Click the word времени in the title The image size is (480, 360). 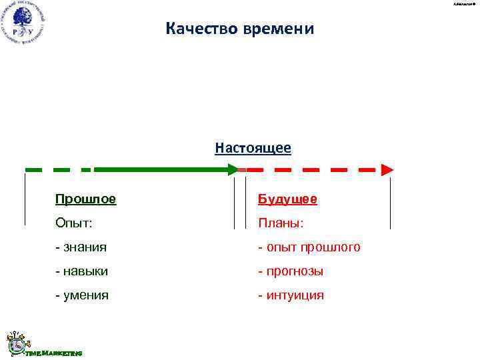click(x=281, y=29)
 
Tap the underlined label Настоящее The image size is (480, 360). click(x=253, y=147)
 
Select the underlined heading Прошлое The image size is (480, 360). click(x=85, y=199)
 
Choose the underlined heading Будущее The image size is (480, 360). click(x=288, y=199)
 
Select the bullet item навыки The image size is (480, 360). click(x=86, y=271)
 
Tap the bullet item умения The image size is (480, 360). click(x=86, y=295)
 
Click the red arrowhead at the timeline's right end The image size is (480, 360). click(x=387, y=170)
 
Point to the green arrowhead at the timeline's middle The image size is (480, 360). click(x=233, y=170)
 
